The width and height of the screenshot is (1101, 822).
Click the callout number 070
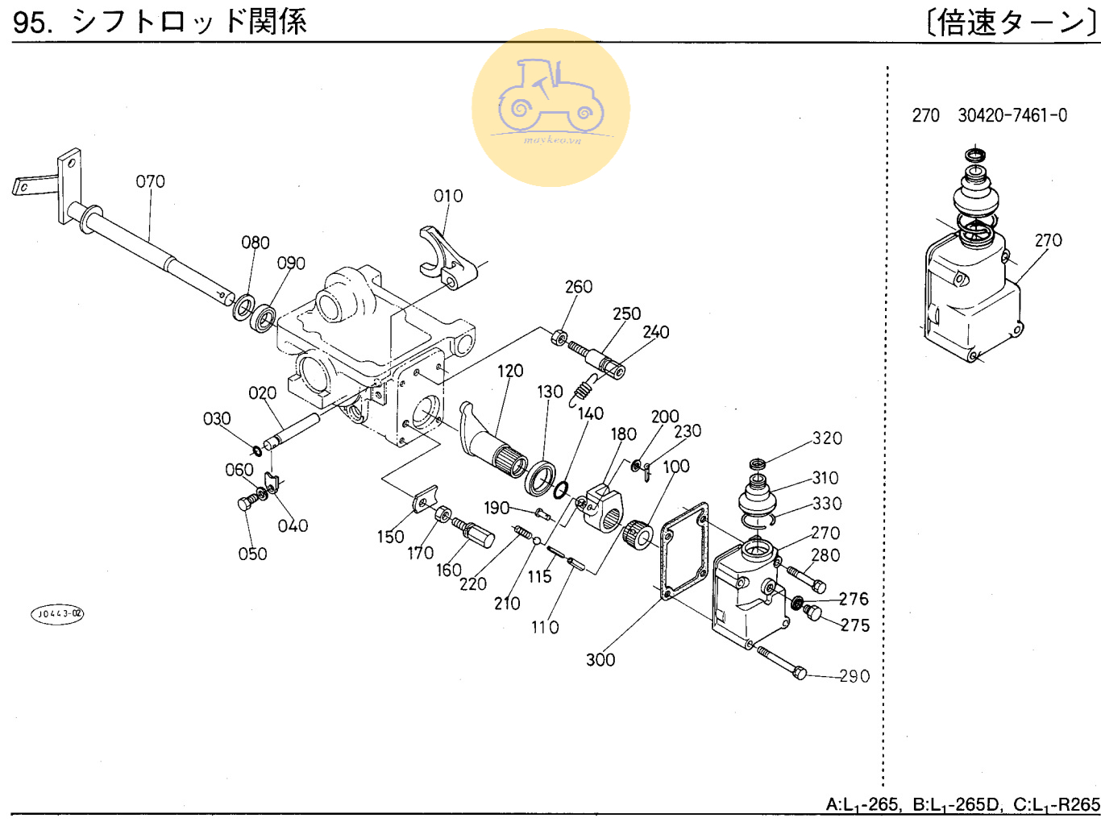click(150, 181)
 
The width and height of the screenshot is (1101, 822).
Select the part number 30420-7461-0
click(1012, 115)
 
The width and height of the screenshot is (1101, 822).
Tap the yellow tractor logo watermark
click(550, 107)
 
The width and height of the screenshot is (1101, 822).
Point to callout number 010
click(448, 196)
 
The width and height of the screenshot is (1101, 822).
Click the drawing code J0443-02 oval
click(57, 614)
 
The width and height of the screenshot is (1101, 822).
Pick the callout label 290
click(854, 676)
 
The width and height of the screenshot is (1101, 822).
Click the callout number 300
click(600, 660)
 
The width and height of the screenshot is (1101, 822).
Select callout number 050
click(252, 554)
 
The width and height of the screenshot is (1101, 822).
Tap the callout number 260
click(579, 287)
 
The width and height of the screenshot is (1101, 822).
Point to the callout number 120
click(510, 371)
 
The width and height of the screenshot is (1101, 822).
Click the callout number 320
click(827, 438)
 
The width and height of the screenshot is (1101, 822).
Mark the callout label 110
click(545, 627)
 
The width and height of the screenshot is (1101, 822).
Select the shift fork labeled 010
click(446, 257)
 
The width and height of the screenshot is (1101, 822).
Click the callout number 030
click(217, 419)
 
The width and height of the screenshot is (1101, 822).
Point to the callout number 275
click(855, 625)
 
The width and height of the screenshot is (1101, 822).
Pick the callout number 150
click(391, 537)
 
